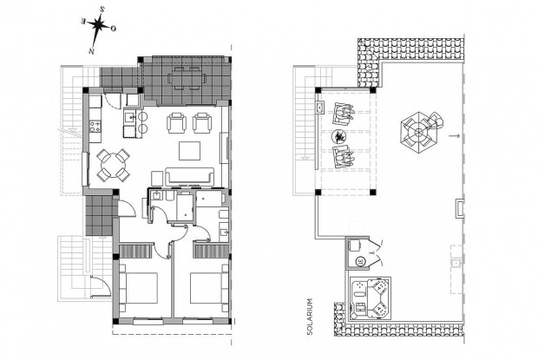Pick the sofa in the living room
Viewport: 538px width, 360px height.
(x=188, y=177)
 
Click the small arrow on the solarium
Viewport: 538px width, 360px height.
(x=454, y=135)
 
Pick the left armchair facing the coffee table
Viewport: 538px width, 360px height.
(x=176, y=121)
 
